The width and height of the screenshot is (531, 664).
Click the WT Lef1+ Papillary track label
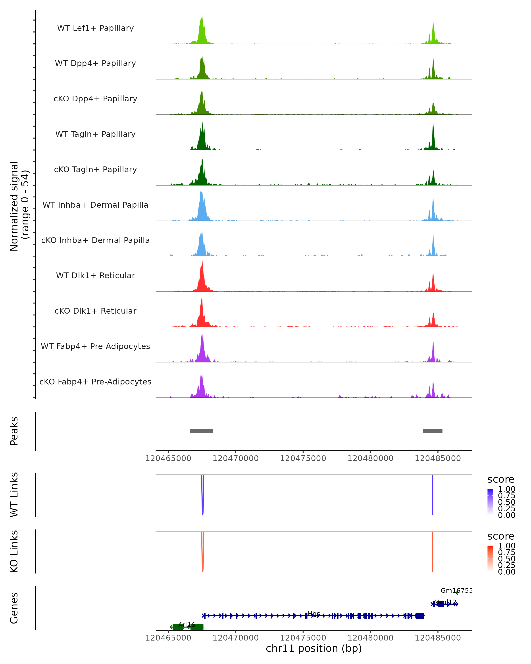[95, 28]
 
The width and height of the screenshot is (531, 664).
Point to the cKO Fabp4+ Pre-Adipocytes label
[95, 382]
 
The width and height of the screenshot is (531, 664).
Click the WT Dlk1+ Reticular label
[95, 275]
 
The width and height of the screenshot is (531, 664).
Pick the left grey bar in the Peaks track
[202, 431]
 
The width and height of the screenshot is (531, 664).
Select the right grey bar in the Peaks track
[433, 431]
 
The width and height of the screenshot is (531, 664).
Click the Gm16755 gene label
[456, 590]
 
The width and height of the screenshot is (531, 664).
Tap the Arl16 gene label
[187, 625]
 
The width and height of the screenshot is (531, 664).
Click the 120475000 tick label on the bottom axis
[303, 637]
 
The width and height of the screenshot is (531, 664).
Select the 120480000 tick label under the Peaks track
[370, 458]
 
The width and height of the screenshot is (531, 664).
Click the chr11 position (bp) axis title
[314, 649]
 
